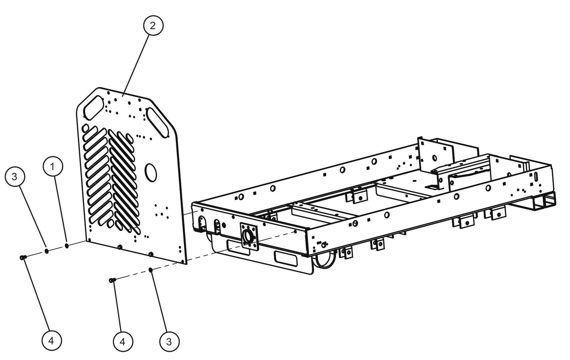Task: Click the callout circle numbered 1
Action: (x=53, y=167)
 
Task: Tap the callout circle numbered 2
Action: (x=153, y=26)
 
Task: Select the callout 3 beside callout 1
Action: (x=15, y=176)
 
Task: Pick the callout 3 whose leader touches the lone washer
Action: (x=169, y=341)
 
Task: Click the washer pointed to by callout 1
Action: (x=66, y=246)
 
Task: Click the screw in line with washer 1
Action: (x=22, y=257)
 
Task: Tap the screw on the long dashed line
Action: (x=112, y=280)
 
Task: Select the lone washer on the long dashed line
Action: (x=151, y=270)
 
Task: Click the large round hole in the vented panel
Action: (x=150, y=172)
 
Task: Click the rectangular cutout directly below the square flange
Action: (x=238, y=249)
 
